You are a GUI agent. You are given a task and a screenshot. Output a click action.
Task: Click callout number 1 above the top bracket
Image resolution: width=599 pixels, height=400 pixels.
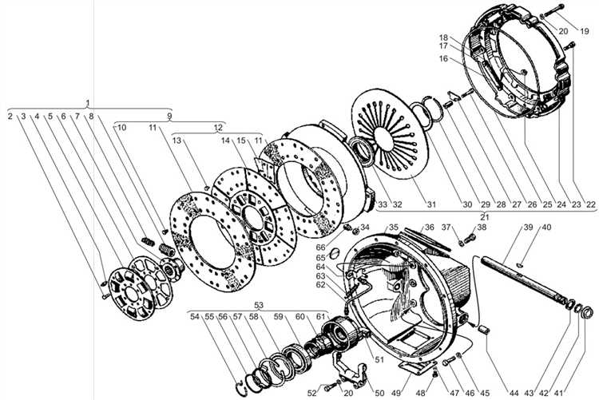point(88,103)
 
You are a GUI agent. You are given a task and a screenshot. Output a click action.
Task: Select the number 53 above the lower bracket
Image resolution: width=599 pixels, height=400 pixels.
point(259,304)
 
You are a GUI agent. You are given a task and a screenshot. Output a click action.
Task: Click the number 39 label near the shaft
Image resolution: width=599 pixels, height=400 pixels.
point(528,228)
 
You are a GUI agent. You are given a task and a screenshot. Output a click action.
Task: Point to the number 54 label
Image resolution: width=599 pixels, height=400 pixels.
point(195,317)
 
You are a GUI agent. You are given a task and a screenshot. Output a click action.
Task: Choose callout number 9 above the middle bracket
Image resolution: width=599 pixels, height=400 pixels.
point(169,116)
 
